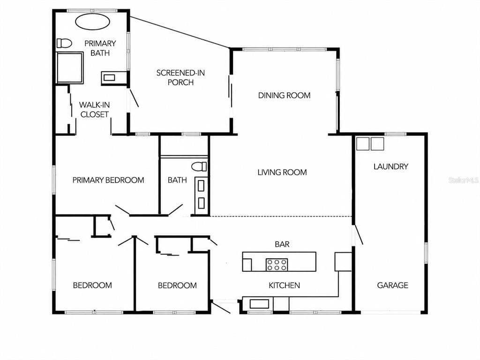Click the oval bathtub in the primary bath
[x=92, y=22]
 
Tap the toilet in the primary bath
[x=64, y=43]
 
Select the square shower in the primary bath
[x=70, y=67]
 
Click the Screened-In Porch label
[x=180, y=77]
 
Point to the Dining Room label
[x=284, y=96]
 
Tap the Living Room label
[x=282, y=172]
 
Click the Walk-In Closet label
[x=94, y=110]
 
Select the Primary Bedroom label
[x=108, y=180]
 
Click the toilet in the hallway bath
[x=199, y=167]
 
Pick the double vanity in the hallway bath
[x=201, y=195]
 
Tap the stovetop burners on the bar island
[x=277, y=265]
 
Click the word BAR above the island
[x=282, y=244]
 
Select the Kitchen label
[x=284, y=285]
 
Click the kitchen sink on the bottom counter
[x=259, y=304]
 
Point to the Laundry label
[x=391, y=166]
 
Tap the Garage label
[x=392, y=285]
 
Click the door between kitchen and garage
[x=358, y=235]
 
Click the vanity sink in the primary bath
[x=109, y=78]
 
